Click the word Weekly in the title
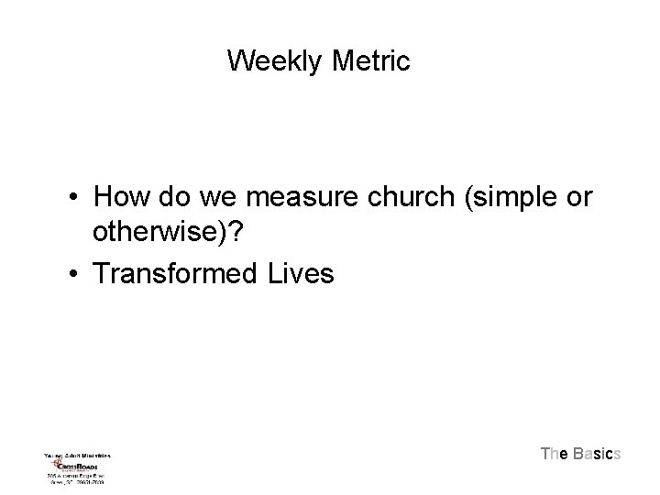(271, 61)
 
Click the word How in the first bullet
(119, 196)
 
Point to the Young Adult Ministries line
(77, 454)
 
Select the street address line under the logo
(78, 476)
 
